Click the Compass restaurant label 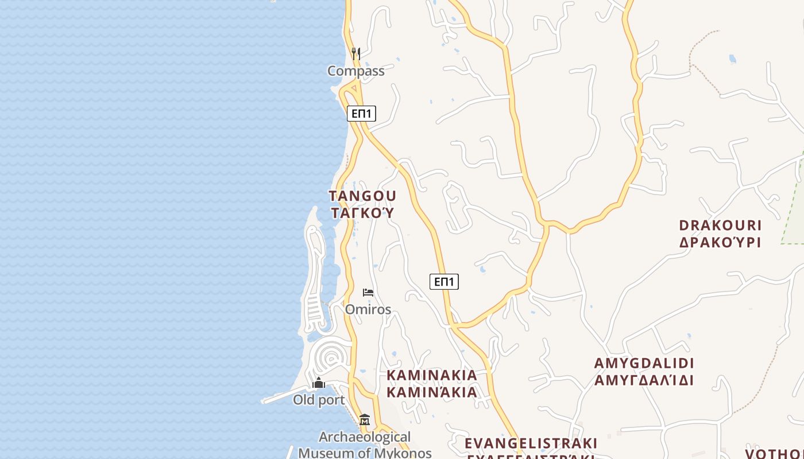[x=355, y=71]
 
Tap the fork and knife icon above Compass [x=356, y=54]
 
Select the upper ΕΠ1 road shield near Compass [x=361, y=114]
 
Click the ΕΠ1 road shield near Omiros [x=444, y=282]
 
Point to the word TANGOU [x=362, y=196]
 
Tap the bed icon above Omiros [x=368, y=293]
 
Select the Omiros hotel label [x=368, y=310]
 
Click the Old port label [x=319, y=400]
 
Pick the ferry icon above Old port [x=319, y=383]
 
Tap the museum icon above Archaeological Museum [x=365, y=420]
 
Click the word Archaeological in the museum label [x=365, y=437]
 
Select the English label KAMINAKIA [x=431, y=375]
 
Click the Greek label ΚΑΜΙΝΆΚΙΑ [x=431, y=392]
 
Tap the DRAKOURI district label [x=720, y=225]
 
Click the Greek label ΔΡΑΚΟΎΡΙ [x=720, y=242]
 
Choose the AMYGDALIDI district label [x=644, y=363]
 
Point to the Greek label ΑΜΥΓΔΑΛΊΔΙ [x=644, y=380]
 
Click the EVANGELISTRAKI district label [x=531, y=444]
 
